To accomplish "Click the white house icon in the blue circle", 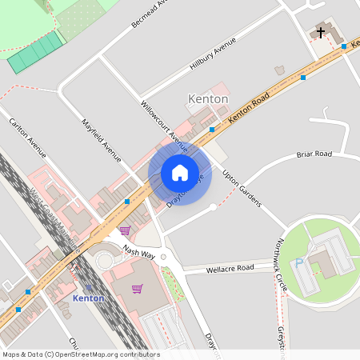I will pyautogui.click(x=180, y=172).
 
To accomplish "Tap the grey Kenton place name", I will pyautogui.click(x=207, y=98).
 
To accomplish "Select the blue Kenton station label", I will pyautogui.click(x=88, y=298).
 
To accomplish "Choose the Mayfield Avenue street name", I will pyautogui.click(x=102, y=140).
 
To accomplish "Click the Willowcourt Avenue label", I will pyautogui.click(x=163, y=126).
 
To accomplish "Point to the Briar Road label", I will pyautogui.click(x=314, y=154).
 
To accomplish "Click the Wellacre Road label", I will pyautogui.click(x=230, y=267).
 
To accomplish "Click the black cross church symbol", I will pyautogui.click(x=321, y=33).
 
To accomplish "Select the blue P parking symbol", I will pyautogui.click(x=299, y=262).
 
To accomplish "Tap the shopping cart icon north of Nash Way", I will pyautogui.click(x=124, y=230).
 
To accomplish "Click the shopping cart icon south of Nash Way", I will pyautogui.click(x=137, y=288).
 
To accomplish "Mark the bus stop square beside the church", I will pyautogui.click(x=344, y=46).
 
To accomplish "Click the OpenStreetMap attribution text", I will pyautogui.click(x=80, y=354).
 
